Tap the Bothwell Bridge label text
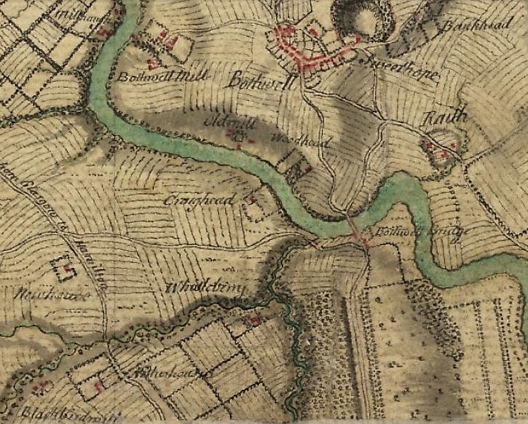click(x=414, y=232)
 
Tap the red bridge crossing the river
click(x=358, y=235)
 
